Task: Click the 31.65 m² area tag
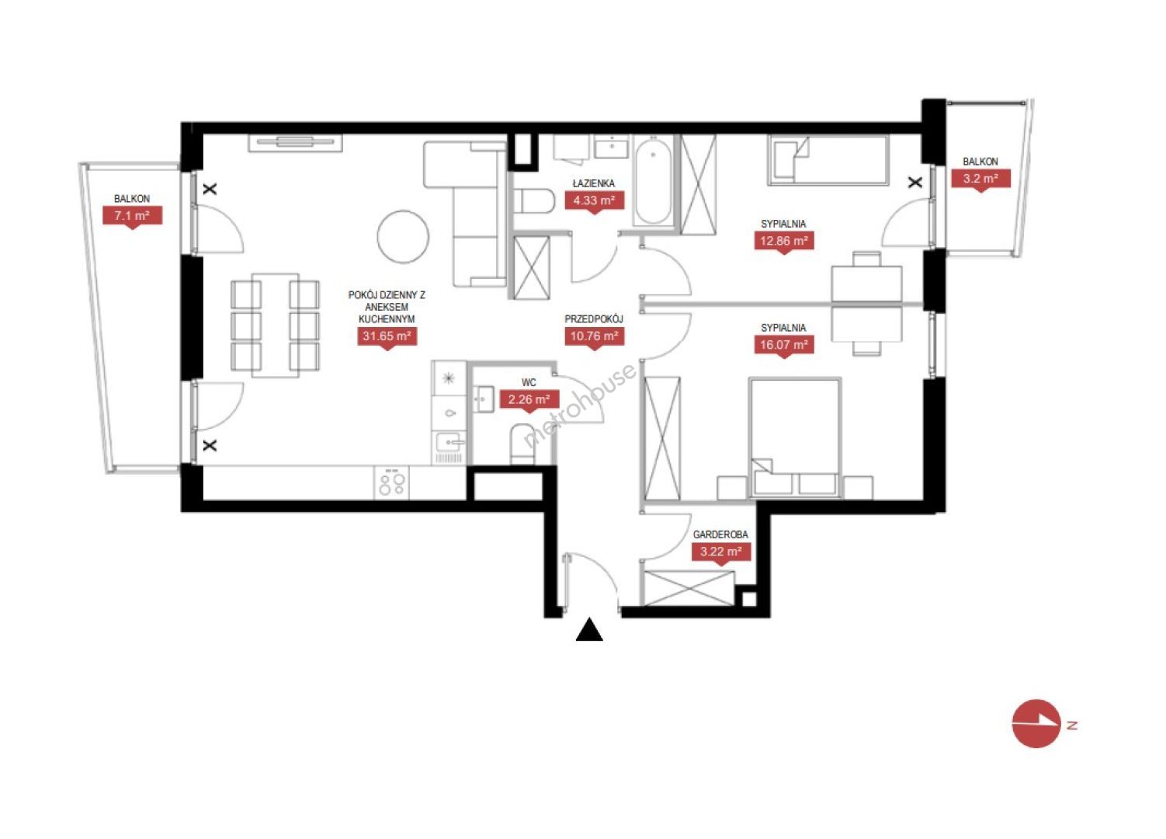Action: [x=387, y=336]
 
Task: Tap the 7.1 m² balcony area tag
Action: [x=132, y=215]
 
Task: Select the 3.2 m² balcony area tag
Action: [x=980, y=179]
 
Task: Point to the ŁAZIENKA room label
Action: [x=593, y=183]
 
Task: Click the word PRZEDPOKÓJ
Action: [x=594, y=319]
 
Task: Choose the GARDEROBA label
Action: [x=720, y=534]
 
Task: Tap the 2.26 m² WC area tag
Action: [x=529, y=400]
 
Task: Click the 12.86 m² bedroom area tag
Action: [x=784, y=241]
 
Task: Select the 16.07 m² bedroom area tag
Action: [x=784, y=345]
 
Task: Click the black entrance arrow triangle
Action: [x=589, y=631]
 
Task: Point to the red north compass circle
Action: [x=1036, y=724]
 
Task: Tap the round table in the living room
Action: [x=403, y=236]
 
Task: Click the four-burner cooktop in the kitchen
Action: [x=392, y=482]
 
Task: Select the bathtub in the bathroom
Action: [x=653, y=181]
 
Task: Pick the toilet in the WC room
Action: [x=522, y=445]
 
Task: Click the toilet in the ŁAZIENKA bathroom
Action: [x=534, y=201]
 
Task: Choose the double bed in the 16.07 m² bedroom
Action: [x=794, y=438]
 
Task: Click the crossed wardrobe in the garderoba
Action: [x=689, y=589]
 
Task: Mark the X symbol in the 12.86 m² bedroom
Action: [x=915, y=183]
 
